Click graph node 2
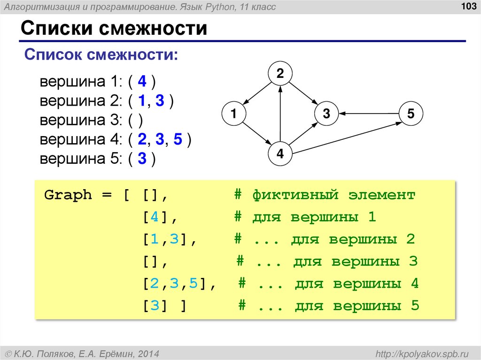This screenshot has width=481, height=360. click(280, 74)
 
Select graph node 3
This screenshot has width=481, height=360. click(326, 114)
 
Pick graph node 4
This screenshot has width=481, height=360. click(280, 154)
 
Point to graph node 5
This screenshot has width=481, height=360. click(411, 114)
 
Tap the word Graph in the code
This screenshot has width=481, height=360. click(68, 195)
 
